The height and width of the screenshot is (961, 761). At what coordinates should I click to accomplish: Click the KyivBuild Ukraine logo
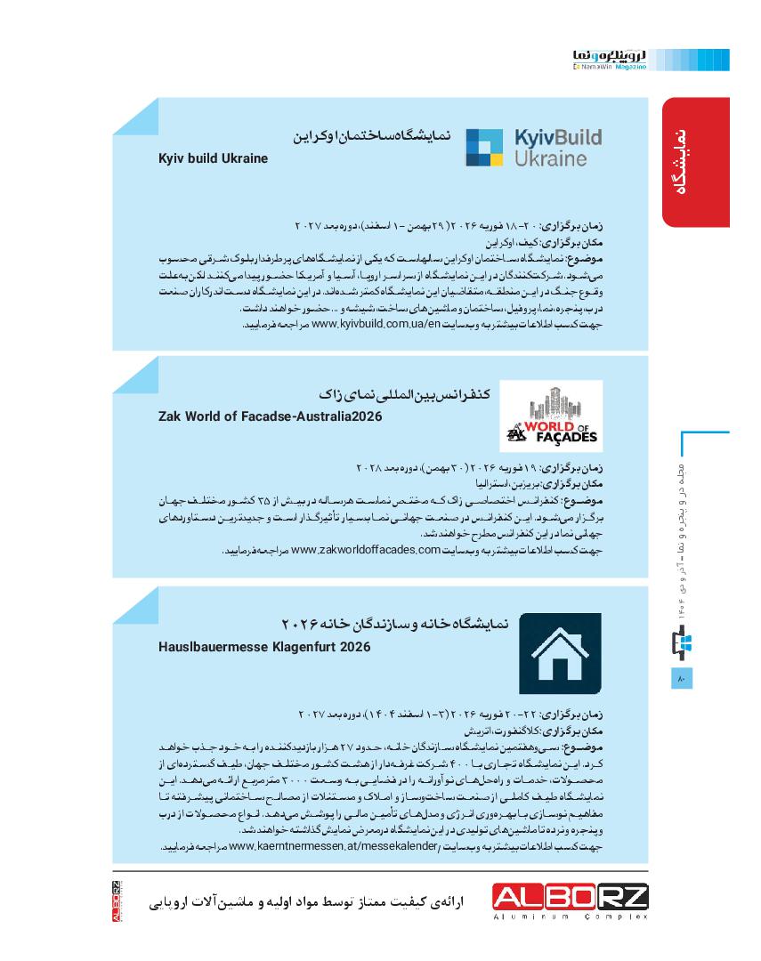point(534,148)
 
